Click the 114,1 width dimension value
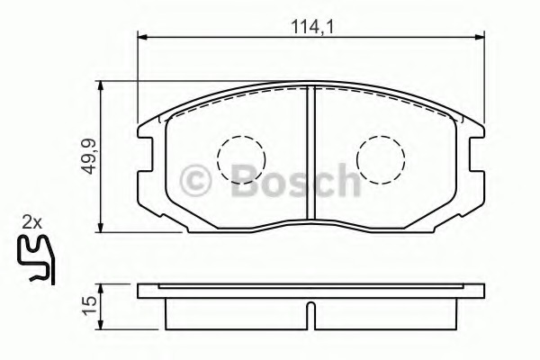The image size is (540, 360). click(x=312, y=27)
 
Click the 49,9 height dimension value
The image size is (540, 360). click(x=88, y=157)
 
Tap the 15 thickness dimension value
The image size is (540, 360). click(x=88, y=306)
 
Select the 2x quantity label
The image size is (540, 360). click(x=31, y=223)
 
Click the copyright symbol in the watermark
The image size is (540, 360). click(x=195, y=181)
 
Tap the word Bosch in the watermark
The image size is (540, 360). click(x=295, y=180)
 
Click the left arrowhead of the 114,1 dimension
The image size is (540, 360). click(x=142, y=37)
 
